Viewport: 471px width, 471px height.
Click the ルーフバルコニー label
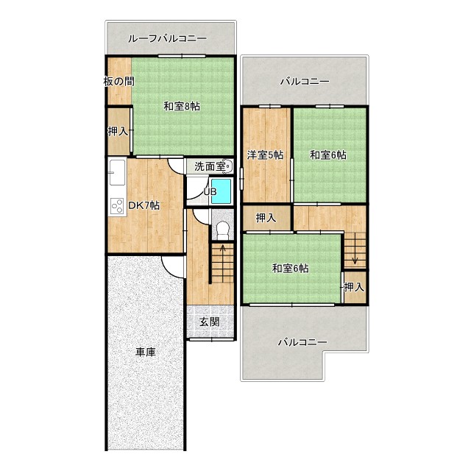[x=167, y=38]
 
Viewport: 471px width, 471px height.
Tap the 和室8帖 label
[x=182, y=106]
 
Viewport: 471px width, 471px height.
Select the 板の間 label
[x=119, y=81]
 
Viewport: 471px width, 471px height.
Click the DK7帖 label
[x=144, y=205]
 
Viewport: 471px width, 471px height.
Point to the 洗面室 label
[x=210, y=166]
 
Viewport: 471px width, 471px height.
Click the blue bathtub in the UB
[x=221, y=191]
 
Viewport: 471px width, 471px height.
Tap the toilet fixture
[x=222, y=230]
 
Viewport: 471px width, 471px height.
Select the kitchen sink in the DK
[x=117, y=172]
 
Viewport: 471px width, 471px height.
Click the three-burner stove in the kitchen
[x=117, y=206]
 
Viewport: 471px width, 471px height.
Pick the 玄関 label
[x=210, y=322]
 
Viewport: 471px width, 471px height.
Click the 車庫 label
[x=146, y=352]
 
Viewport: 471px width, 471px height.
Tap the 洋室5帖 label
[x=265, y=155]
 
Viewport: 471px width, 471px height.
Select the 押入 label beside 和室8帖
[x=118, y=131]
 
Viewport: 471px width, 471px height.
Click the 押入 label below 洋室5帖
[x=266, y=218]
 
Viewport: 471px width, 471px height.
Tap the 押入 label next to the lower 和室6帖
[x=354, y=287]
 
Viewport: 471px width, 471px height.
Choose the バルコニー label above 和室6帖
[x=305, y=82]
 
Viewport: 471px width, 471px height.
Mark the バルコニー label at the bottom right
[x=302, y=342]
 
